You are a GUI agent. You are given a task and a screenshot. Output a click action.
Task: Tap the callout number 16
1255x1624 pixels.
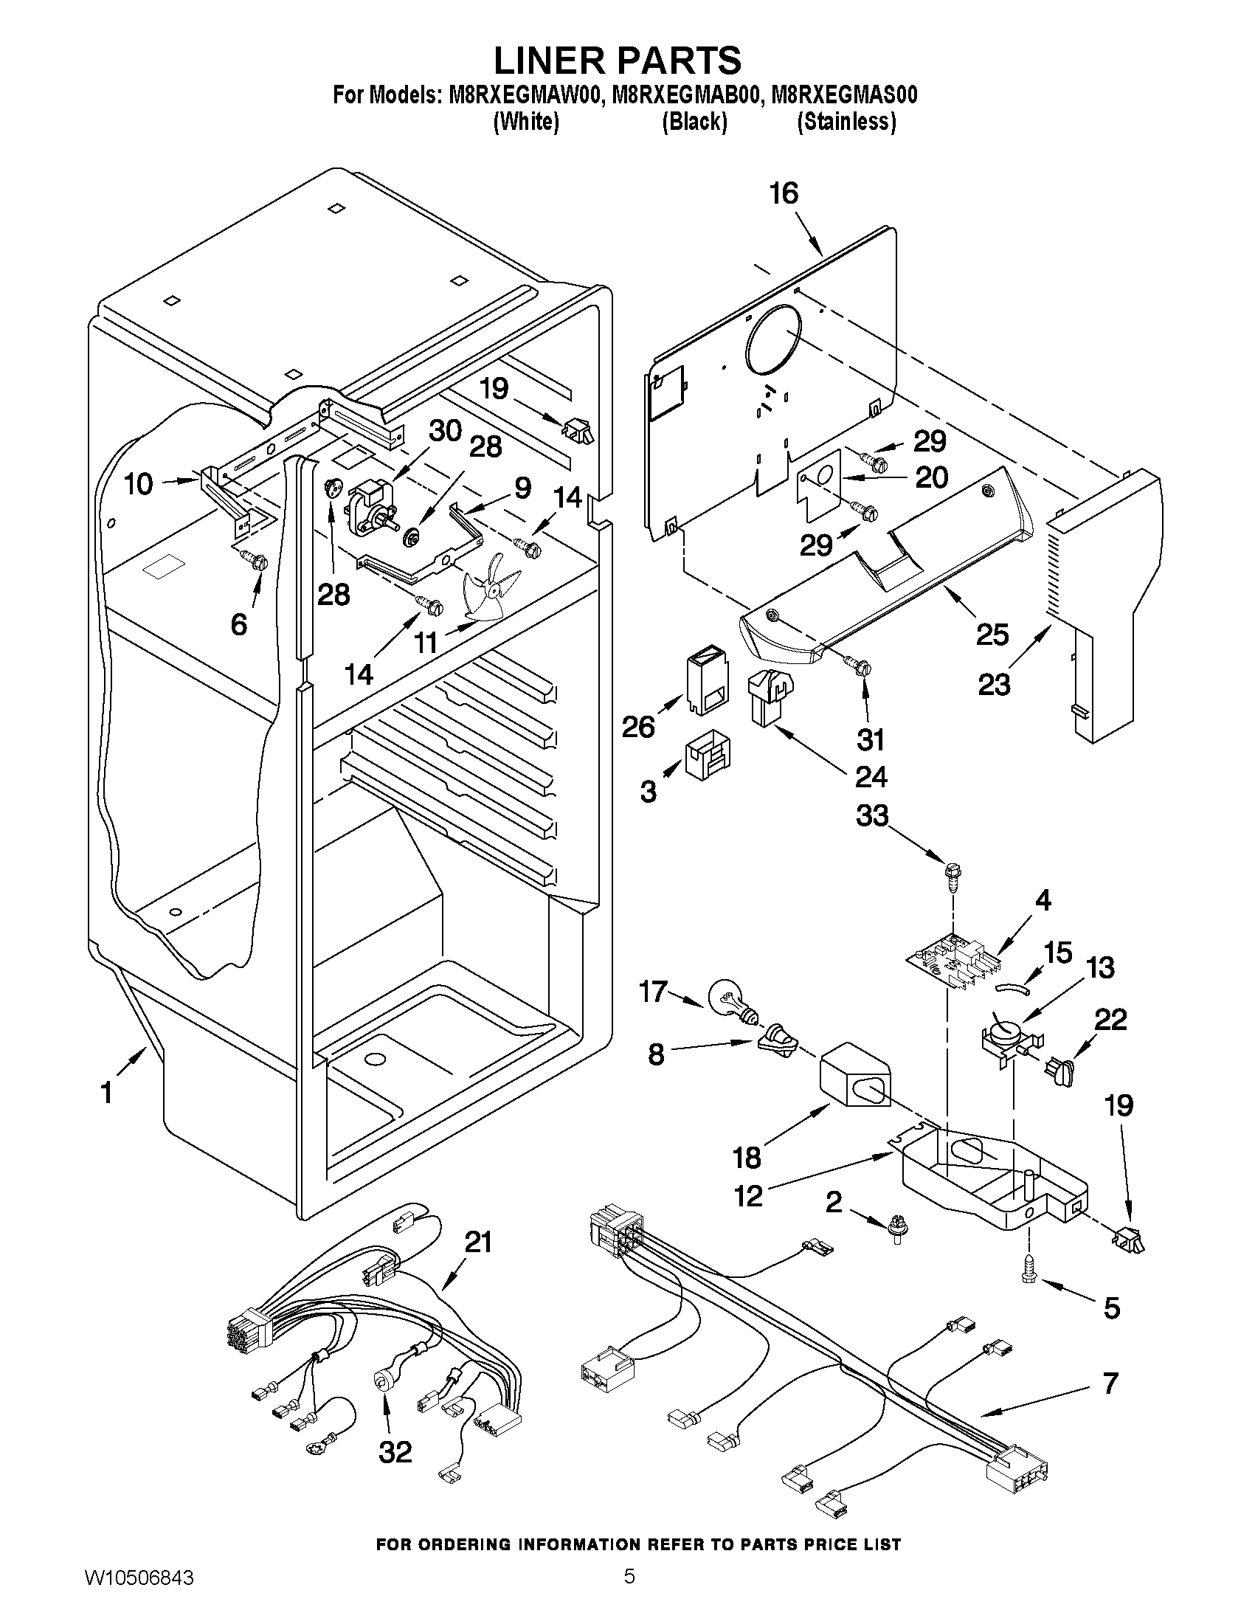point(784,193)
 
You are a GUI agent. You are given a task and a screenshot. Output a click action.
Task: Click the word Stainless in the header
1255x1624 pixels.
point(846,121)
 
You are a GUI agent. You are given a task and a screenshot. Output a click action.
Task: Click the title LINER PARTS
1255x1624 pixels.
point(617,60)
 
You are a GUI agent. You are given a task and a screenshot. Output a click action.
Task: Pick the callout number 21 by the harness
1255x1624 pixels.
point(478,1241)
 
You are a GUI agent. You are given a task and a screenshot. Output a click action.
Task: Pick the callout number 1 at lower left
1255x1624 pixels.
point(106,1092)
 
